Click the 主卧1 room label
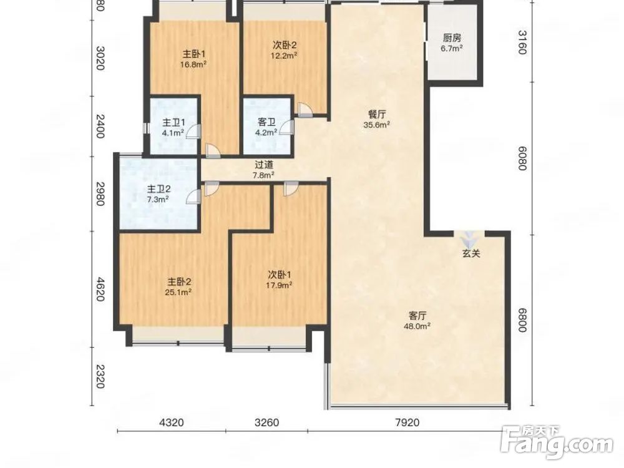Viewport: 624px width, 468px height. pyautogui.click(x=194, y=54)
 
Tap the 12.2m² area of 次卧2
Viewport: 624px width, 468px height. pyautogui.click(x=285, y=56)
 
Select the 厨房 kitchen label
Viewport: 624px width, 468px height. pyautogui.click(x=452, y=38)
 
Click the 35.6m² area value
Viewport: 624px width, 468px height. pyautogui.click(x=376, y=125)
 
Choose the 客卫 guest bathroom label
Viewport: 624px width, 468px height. pyautogui.click(x=266, y=122)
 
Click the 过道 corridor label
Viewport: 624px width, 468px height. pyautogui.click(x=264, y=164)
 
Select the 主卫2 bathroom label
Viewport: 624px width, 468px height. pyautogui.click(x=158, y=189)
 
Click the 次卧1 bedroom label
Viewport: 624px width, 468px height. pyautogui.click(x=280, y=275)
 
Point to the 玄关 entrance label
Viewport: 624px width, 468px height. pyautogui.click(x=471, y=253)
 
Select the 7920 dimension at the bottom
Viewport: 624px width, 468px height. pyautogui.click(x=408, y=422)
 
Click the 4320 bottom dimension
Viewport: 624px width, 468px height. pyautogui.click(x=172, y=422)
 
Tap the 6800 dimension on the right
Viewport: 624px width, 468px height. pyautogui.click(x=522, y=321)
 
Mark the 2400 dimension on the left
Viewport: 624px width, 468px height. pyautogui.click(x=100, y=126)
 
